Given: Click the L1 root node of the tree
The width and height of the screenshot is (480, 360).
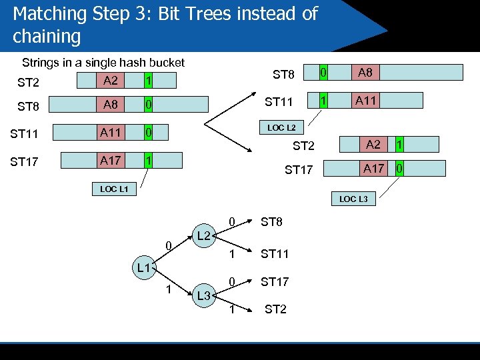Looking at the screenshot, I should click(141, 268).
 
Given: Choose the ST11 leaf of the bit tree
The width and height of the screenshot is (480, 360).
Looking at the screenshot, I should click(274, 253).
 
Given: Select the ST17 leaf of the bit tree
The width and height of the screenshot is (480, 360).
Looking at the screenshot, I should click(274, 282).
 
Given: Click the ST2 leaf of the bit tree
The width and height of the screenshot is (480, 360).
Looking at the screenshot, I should click(275, 309).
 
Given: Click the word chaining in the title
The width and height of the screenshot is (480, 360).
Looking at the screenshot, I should click(46, 36).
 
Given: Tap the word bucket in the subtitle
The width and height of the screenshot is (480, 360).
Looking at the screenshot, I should click(166, 63).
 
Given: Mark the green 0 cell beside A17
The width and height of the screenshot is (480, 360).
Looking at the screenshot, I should click(399, 169).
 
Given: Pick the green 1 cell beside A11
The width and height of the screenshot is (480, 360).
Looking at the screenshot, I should click(323, 100).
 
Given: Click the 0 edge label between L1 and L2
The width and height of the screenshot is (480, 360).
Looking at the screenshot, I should click(170, 247).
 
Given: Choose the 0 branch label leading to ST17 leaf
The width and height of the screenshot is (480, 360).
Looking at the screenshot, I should click(231, 282).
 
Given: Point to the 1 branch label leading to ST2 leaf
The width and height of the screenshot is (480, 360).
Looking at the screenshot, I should click(231, 309).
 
